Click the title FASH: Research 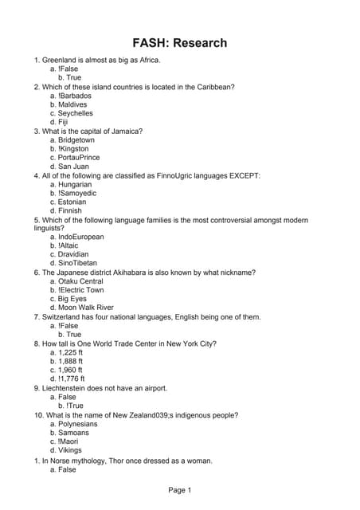pyautogui.click(x=179, y=43)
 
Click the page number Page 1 pyautogui.click(x=179, y=490)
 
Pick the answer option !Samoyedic pyautogui.click(x=77, y=193)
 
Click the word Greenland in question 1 pyautogui.click(x=60, y=60)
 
